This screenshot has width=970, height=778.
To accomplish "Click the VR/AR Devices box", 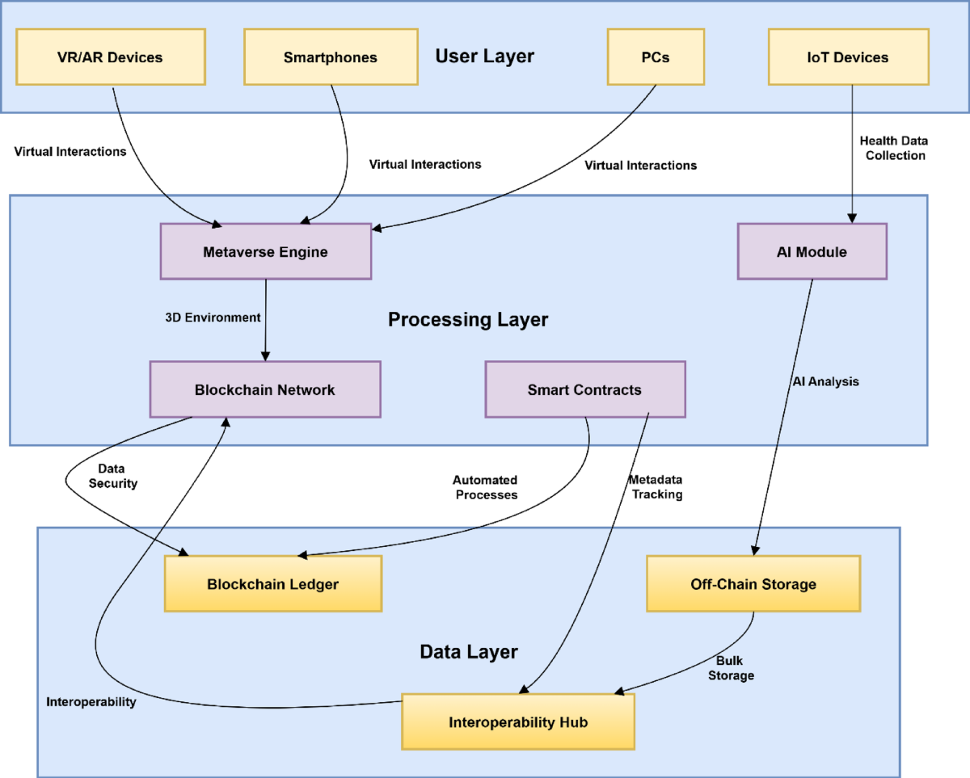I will point(111,57).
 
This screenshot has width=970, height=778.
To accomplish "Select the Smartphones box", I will point(331,57).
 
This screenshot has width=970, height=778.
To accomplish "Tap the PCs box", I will point(655,57).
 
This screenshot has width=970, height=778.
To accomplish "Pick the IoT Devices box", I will point(847,57).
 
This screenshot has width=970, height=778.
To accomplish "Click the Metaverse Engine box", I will point(265,252).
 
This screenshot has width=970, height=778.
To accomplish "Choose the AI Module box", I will point(812,252).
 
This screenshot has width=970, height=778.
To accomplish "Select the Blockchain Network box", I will point(264,389).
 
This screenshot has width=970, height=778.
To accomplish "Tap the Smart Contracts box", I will point(584,389).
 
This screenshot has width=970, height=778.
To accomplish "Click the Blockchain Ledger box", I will point(272,584).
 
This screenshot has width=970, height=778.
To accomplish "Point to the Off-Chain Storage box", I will point(753,584).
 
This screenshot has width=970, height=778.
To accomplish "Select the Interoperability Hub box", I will point(518,721).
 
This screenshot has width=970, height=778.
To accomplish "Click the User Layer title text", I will point(484,57).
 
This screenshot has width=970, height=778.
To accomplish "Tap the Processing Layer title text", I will point(468,320).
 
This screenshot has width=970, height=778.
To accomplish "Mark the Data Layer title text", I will point(469,651).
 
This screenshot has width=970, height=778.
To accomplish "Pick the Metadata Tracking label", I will point(656,487).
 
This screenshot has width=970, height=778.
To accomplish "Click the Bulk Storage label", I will point(731,668).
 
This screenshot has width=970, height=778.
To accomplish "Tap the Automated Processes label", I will point(485,487).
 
